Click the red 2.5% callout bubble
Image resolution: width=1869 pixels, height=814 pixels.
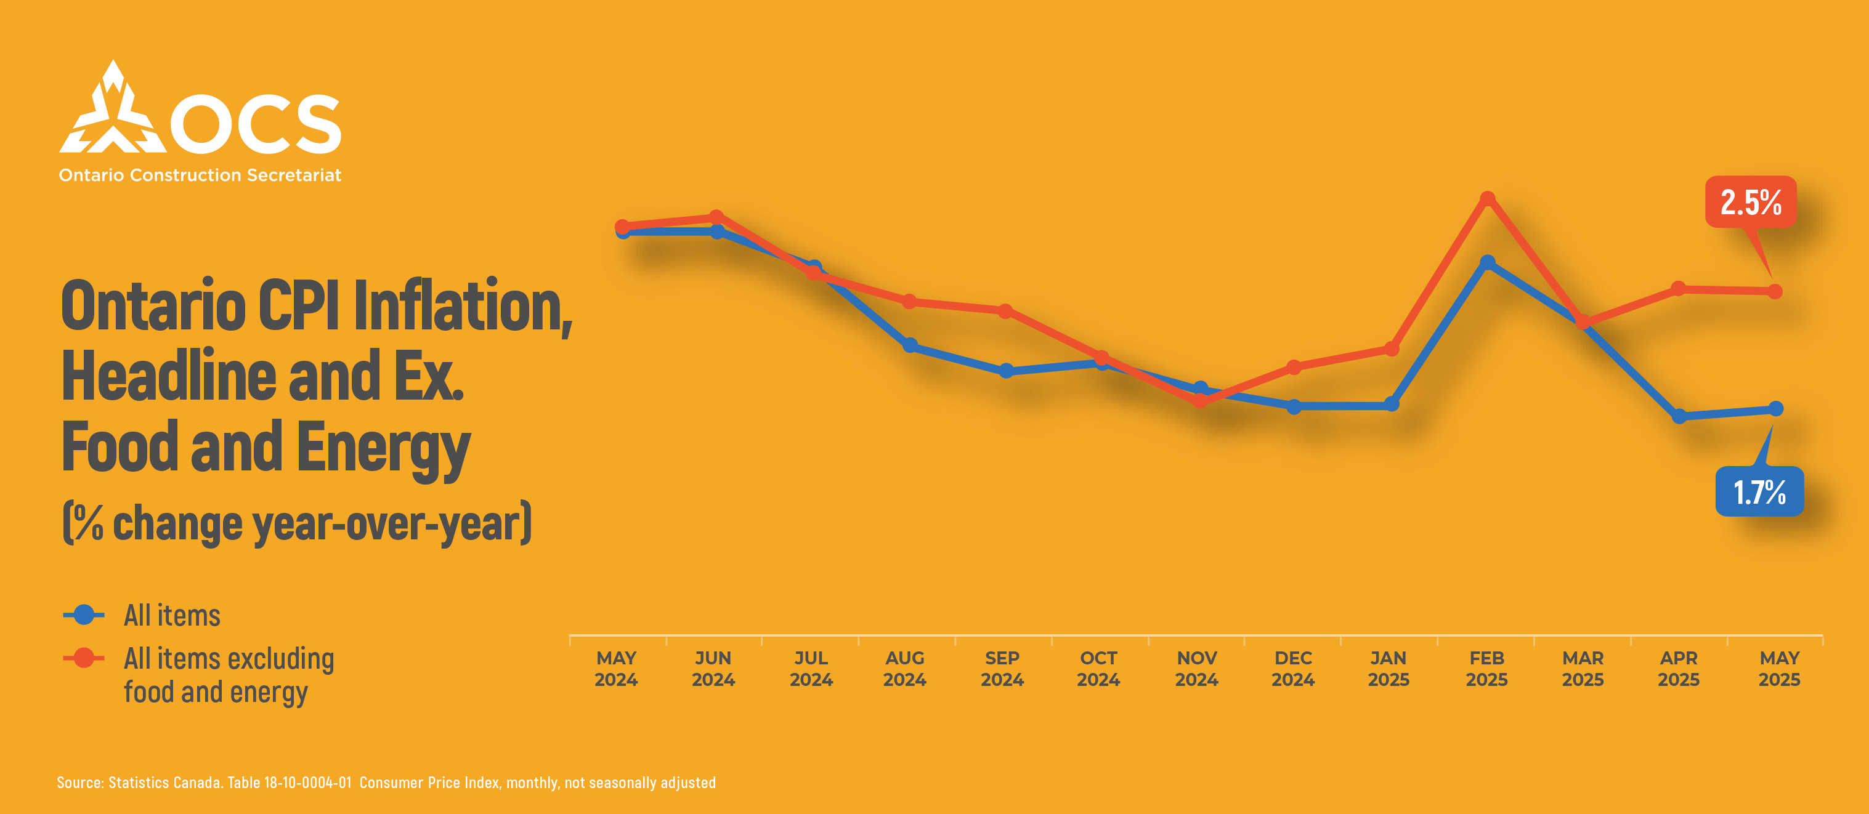[1751, 202]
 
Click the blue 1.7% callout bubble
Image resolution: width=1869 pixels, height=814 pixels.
[1759, 491]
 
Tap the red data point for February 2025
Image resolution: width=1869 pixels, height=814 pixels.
[1487, 198]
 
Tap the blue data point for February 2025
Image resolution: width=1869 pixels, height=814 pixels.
[1487, 262]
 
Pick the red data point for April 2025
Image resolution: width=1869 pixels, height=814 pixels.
[1678, 289]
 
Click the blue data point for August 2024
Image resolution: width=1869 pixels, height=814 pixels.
[910, 345]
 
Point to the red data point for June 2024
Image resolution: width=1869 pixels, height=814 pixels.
[716, 217]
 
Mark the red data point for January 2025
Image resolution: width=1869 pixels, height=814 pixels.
[1392, 349]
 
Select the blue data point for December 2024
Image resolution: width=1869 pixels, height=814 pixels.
[1294, 406]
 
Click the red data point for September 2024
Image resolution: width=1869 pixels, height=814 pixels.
[1005, 310]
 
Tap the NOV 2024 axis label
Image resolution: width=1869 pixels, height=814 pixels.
[1196, 668]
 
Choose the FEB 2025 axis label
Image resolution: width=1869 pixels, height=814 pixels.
[1486, 668]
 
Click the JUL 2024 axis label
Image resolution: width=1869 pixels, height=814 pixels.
[811, 668]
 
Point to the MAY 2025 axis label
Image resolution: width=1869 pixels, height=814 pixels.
[1779, 668]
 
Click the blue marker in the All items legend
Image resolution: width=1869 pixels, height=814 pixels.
[84, 615]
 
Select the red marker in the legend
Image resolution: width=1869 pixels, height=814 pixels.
[84, 657]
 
